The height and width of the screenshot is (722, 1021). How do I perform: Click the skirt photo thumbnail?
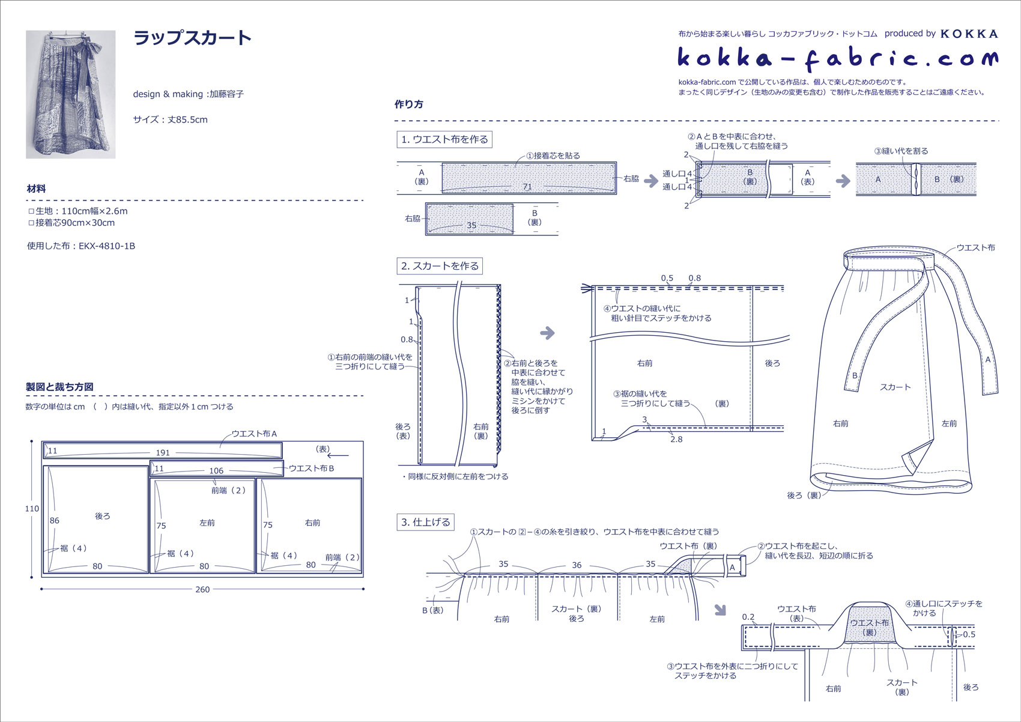point(71,94)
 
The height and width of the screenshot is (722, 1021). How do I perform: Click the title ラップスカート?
point(192,38)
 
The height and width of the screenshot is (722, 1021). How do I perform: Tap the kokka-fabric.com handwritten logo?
point(838,59)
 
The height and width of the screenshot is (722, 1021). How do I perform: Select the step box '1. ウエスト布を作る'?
point(444,139)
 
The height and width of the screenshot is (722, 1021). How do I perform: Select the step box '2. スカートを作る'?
point(440,266)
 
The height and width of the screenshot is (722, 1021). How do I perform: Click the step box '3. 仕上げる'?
point(426,523)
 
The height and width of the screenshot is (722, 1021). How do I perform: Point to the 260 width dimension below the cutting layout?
point(202,589)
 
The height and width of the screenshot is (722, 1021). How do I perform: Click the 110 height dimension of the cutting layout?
point(32,509)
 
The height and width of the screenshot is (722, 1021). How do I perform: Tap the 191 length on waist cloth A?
point(163,453)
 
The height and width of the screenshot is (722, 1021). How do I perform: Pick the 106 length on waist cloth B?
point(216,471)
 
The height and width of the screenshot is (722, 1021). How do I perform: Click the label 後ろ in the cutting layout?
point(103,516)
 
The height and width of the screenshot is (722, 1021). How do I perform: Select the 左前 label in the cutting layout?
point(207,523)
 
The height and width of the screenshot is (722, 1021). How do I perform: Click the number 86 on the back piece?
point(54,521)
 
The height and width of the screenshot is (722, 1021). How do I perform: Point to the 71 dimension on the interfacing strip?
point(527,187)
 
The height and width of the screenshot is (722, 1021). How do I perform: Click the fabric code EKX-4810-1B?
point(107,246)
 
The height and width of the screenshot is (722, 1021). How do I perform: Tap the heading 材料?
point(36,189)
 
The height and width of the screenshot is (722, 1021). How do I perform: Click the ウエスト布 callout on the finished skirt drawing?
point(975,248)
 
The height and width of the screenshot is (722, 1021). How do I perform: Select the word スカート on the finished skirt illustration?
point(895,387)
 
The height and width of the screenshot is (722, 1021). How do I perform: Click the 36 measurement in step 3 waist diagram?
point(577,565)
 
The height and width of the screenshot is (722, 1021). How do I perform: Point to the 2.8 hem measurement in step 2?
point(676,440)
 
